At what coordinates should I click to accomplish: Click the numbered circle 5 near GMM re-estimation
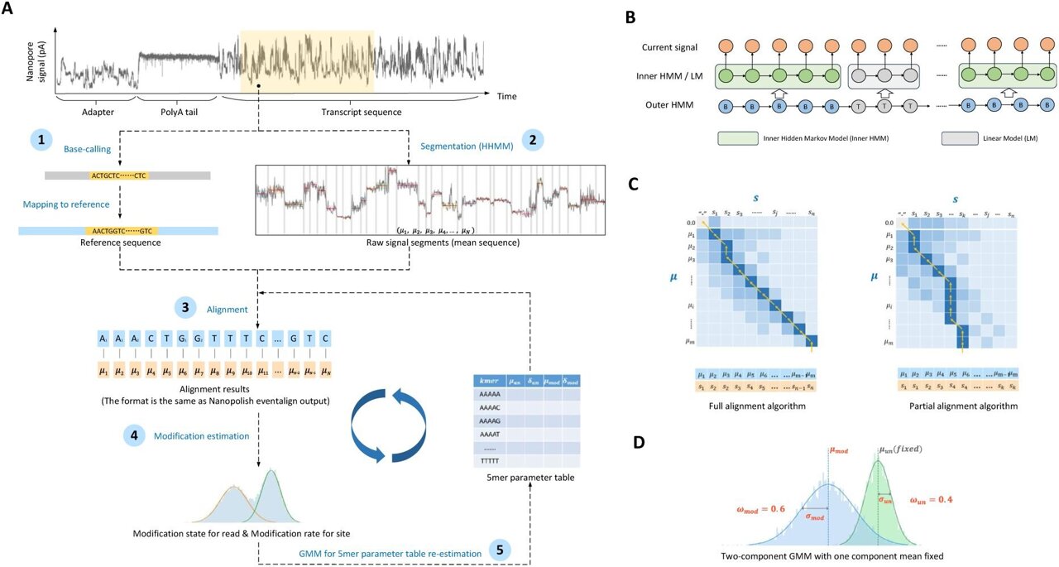[x=498, y=548]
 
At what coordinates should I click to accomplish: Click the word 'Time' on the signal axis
[x=506, y=96]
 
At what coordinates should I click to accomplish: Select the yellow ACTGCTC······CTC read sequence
[x=119, y=175]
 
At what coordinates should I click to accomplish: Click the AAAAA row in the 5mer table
[x=489, y=396]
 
